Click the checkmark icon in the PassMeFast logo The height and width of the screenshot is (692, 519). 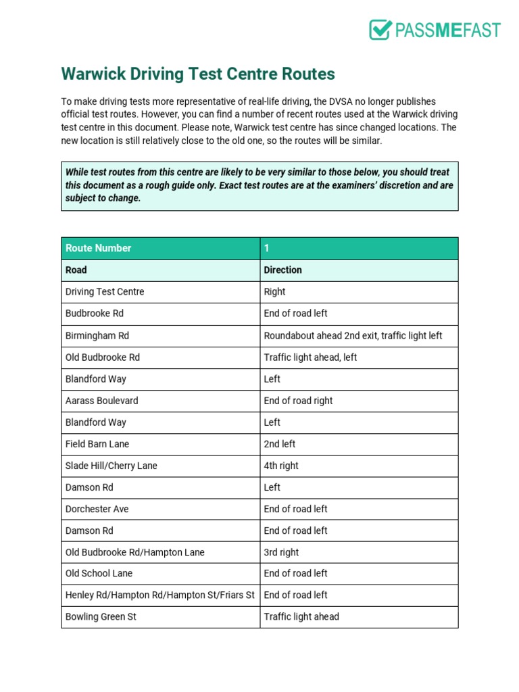(x=380, y=30)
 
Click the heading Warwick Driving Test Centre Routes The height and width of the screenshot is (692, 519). (x=198, y=74)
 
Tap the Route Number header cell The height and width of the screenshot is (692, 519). (x=99, y=248)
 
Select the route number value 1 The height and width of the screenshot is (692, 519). (x=267, y=248)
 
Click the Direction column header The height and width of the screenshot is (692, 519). (x=282, y=270)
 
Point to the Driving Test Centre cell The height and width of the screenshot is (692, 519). (x=105, y=291)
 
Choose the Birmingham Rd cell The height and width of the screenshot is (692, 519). (x=97, y=335)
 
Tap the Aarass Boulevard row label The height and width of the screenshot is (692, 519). (x=101, y=400)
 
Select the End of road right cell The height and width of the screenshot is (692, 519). (x=298, y=400)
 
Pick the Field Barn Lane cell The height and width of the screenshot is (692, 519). (x=97, y=444)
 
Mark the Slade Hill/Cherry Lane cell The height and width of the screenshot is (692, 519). (x=112, y=466)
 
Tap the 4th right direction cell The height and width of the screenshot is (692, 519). (x=281, y=466)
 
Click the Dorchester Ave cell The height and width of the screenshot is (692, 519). (x=97, y=509)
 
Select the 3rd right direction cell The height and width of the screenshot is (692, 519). (x=281, y=552)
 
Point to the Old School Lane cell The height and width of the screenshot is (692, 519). (x=99, y=573)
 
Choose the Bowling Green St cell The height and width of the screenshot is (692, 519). (x=101, y=616)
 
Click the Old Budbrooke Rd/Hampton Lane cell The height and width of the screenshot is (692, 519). (x=135, y=552)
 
